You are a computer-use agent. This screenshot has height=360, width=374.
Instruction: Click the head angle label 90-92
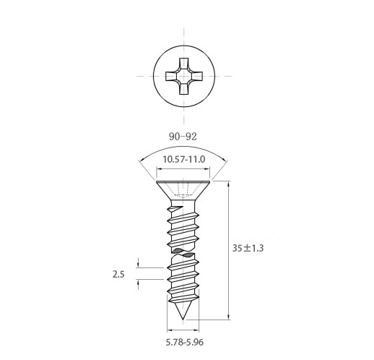click(x=183, y=137)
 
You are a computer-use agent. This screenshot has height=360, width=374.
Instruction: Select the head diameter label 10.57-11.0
click(x=184, y=159)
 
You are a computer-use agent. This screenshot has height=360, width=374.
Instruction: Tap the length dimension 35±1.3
click(x=248, y=248)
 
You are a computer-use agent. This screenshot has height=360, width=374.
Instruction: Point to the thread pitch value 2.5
click(x=118, y=274)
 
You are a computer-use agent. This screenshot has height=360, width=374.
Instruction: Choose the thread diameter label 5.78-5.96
click(x=185, y=342)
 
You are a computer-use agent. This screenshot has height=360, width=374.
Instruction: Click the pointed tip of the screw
click(x=183, y=320)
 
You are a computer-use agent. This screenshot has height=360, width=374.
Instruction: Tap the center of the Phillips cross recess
click(x=184, y=76)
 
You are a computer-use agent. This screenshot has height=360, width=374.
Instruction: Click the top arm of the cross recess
click(x=184, y=64)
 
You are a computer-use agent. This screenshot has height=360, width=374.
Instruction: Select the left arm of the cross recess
click(x=171, y=76)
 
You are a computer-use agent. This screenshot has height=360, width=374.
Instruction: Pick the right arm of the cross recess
click(x=197, y=76)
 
